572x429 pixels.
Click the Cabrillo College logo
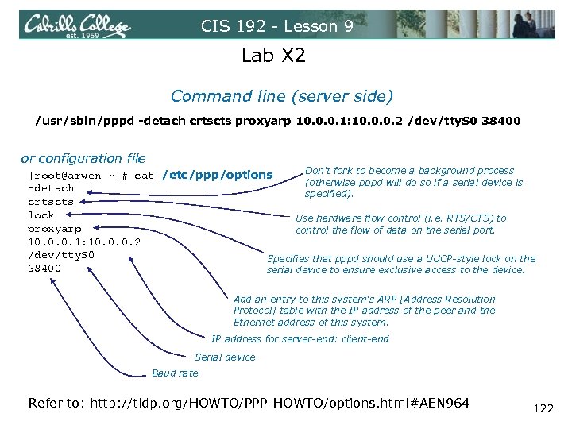point(76,25)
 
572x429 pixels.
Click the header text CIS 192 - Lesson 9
point(277,26)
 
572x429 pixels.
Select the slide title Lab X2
point(273,56)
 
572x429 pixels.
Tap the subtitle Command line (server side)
point(281,96)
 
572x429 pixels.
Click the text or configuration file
point(83,158)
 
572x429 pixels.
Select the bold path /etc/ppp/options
point(217,175)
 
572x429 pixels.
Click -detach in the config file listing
point(51,188)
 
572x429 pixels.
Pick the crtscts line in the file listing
point(51,202)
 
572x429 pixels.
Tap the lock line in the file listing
point(41,215)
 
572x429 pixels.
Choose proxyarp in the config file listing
point(54,229)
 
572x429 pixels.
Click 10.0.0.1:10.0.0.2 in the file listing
point(84,242)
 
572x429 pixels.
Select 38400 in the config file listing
point(44,269)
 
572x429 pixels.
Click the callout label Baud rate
point(175,373)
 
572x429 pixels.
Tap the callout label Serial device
point(225,357)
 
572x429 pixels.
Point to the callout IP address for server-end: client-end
point(300,339)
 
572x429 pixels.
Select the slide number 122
point(543,408)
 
